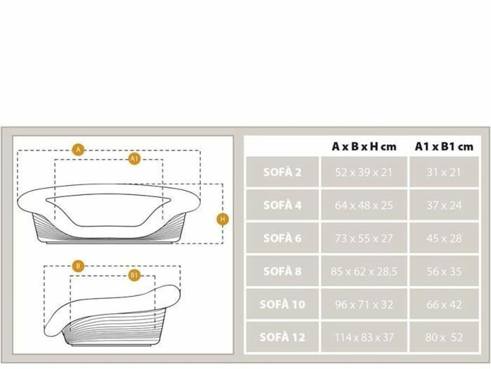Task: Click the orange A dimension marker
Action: click(78, 150)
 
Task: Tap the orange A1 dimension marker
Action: click(134, 159)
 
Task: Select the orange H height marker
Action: click(223, 219)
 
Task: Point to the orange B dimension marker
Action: click(78, 266)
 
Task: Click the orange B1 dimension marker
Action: click(134, 275)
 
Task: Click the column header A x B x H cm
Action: click(364, 147)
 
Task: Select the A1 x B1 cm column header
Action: click(444, 147)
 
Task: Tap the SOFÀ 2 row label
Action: click(282, 172)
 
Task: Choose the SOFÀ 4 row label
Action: click(282, 205)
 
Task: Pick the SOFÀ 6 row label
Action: click(282, 238)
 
